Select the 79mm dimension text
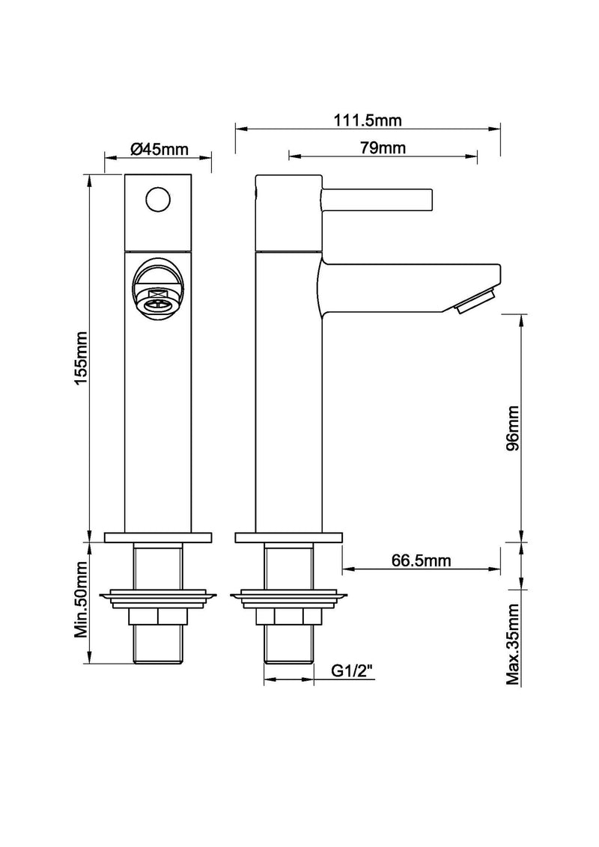point(382,147)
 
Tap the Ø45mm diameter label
point(159,149)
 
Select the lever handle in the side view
point(377,200)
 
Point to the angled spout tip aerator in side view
point(475,302)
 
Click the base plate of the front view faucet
point(159,537)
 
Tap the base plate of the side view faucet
point(289,537)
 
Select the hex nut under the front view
point(159,617)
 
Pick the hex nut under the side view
point(288,617)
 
